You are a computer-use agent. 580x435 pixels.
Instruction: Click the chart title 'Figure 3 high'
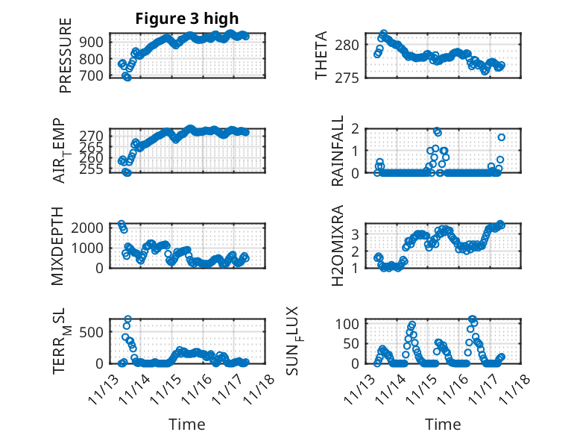[187, 19]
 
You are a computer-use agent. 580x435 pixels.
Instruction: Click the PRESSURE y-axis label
[66, 61]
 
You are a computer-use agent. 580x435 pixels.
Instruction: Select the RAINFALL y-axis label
[337, 151]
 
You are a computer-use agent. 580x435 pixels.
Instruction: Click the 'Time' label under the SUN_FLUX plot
[443, 424]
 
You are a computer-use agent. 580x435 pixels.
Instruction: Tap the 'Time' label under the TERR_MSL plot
[186, 424]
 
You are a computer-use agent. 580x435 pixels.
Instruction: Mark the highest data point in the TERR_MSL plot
[127, 319]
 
